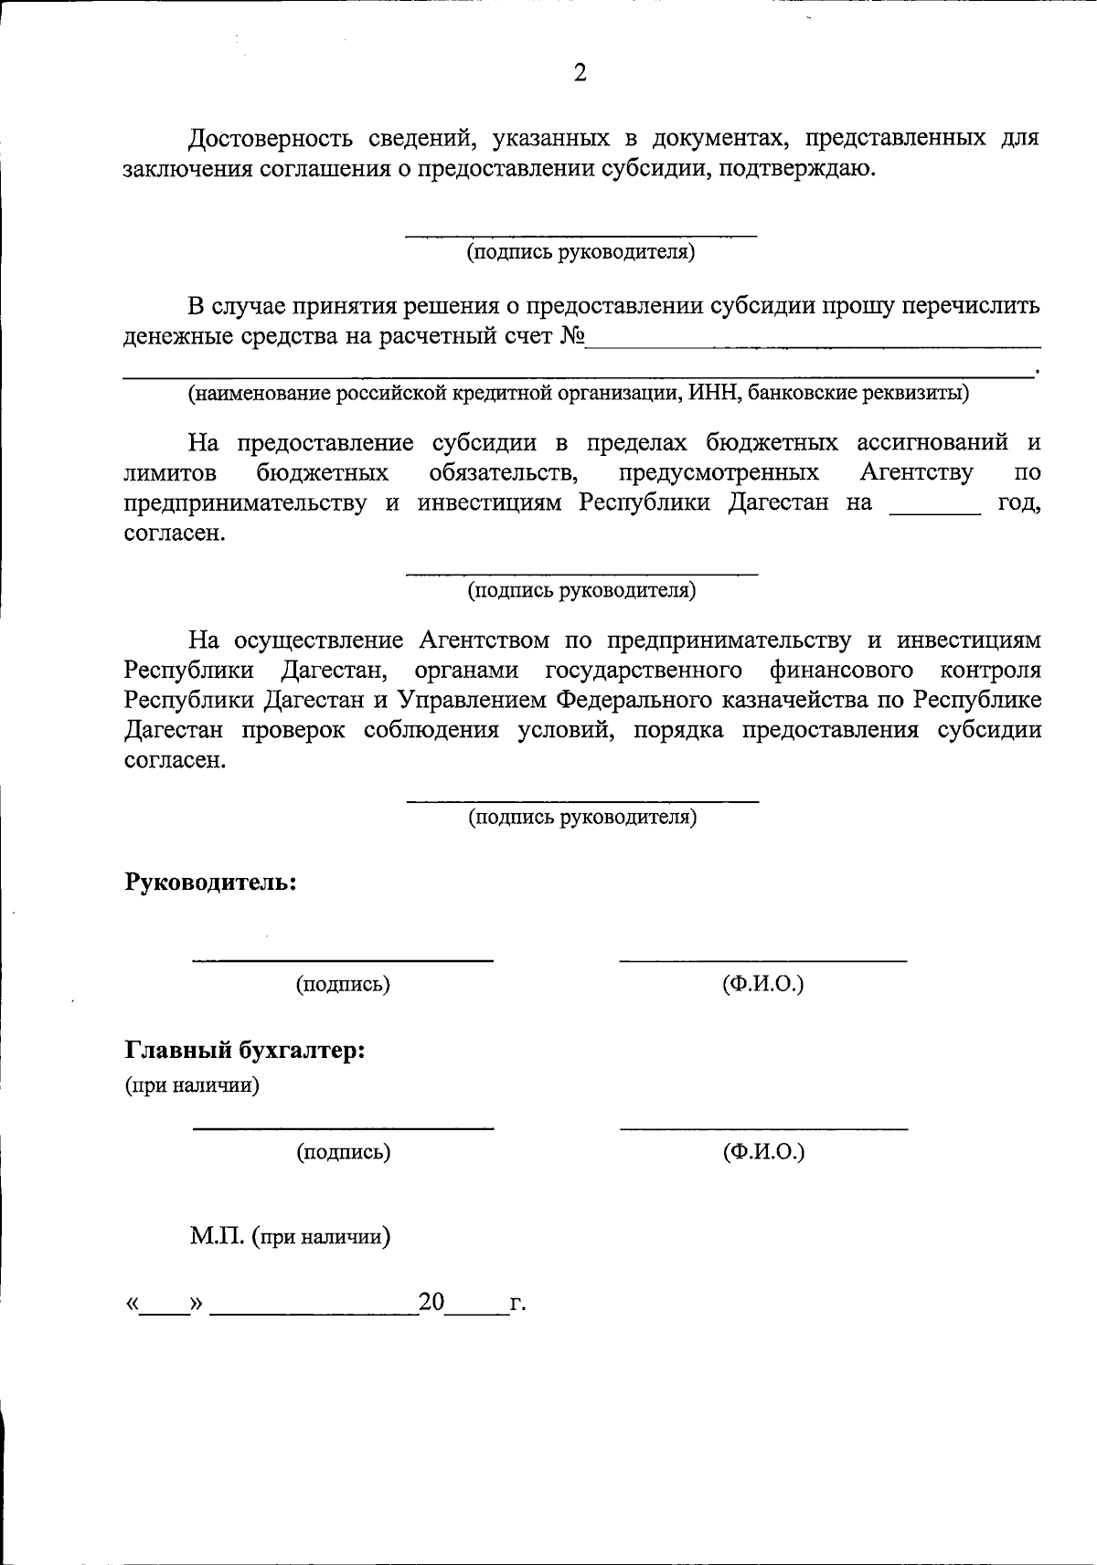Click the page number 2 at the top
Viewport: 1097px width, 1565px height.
tap(580, 72)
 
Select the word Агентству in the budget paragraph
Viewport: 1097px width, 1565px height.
tap(916, 472)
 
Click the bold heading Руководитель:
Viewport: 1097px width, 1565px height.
tap(210, 882)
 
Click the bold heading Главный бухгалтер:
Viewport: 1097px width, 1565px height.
tap(245, 1050)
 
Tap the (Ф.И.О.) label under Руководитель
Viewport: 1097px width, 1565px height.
tap(762, 984)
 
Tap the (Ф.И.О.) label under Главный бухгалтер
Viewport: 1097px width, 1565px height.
tap(763, 1152)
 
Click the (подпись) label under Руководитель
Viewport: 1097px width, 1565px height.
tap(342, 984)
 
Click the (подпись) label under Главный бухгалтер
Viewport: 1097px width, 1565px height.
tap(343, 1152)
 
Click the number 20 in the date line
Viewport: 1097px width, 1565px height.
tap(431, 1302)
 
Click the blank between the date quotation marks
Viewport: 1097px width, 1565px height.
tap(164, 1306)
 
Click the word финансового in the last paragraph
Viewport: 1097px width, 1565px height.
tap(841, 670)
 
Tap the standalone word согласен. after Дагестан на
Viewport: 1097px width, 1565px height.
tap(174, 533)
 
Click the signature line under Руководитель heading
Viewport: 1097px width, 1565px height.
tap(342, 958)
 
